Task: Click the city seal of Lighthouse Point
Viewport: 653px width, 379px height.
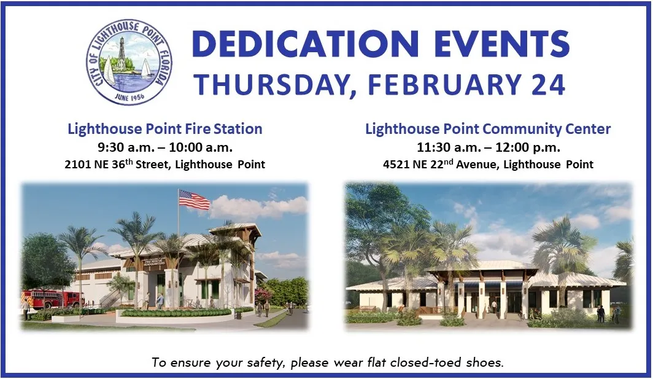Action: [129, 61]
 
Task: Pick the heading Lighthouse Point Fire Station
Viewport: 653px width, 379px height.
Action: [165, 129]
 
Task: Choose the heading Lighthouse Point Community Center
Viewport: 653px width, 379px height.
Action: [488, 129]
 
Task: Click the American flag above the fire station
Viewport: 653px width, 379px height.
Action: [194, 200]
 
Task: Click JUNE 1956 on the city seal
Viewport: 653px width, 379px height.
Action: [129, 97]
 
